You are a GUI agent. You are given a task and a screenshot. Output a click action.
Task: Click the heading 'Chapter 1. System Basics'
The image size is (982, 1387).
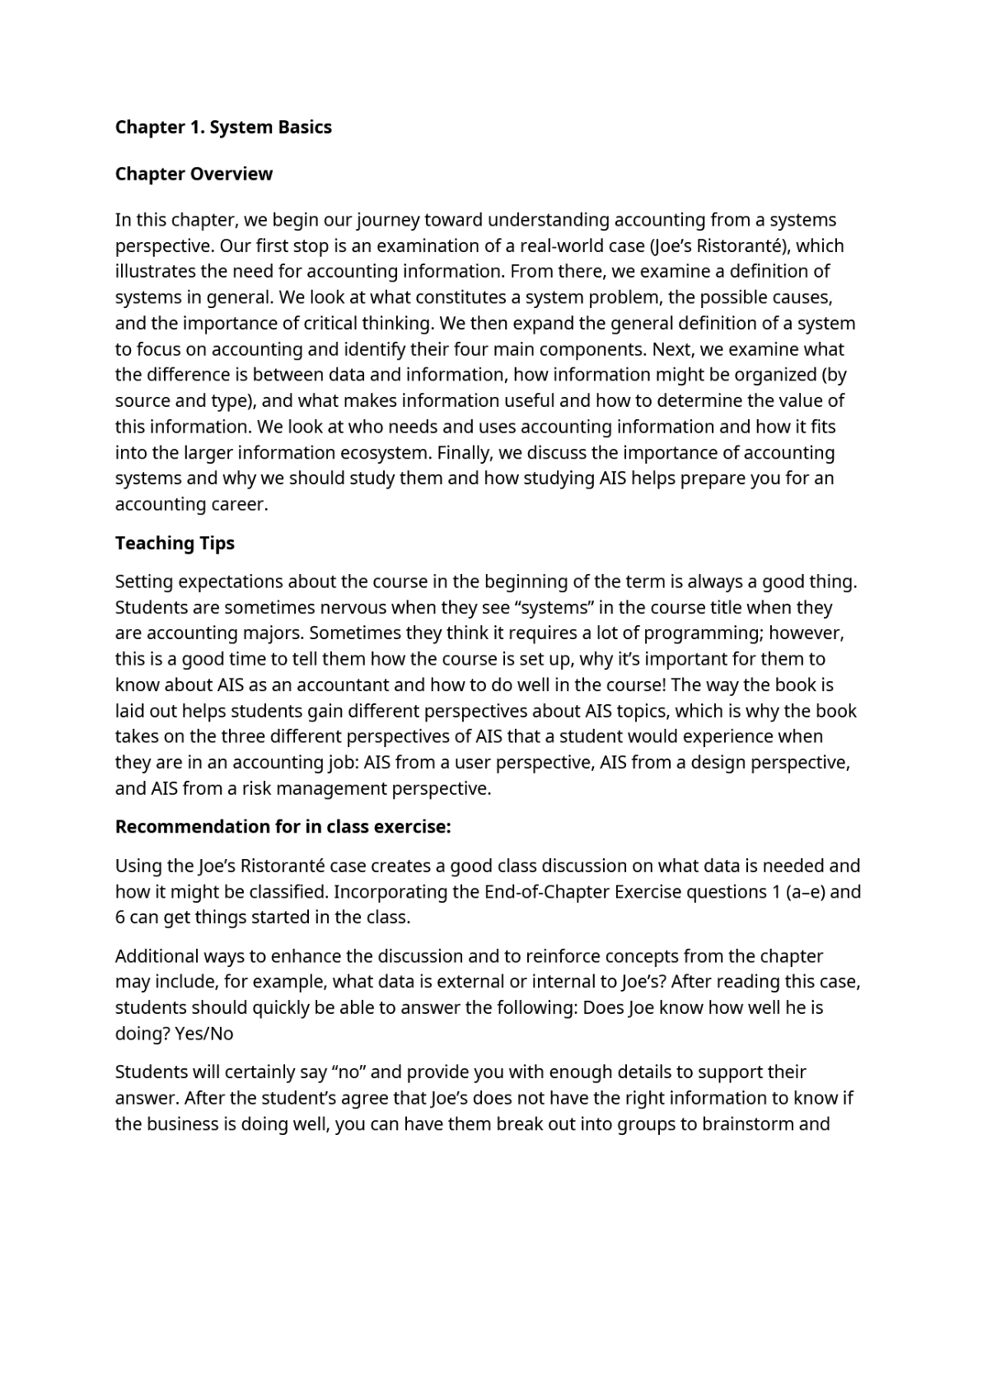(x=223, y=127)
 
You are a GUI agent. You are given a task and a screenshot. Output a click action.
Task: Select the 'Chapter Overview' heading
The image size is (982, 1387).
(x=194, y=174)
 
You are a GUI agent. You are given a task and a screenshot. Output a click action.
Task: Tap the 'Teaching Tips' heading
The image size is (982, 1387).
(x=175, y=543)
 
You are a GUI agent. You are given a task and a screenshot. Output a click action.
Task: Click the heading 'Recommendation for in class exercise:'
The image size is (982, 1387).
(x=283, y=826)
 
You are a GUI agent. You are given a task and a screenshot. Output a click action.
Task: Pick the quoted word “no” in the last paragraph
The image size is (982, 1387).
(x=344, y=1072)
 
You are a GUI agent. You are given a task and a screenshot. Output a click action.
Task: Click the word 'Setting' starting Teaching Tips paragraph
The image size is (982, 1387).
(x=143, y=581)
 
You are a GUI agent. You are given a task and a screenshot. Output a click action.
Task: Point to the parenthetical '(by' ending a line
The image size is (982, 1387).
(x=834, y=374)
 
